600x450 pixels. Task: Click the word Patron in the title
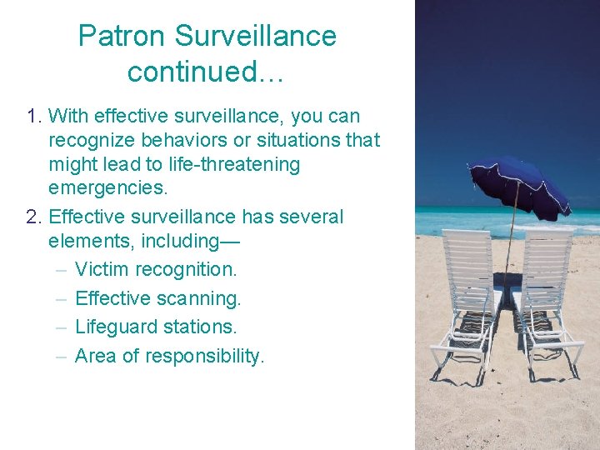click(x=122, y=36)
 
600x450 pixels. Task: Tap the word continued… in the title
click(x=206, y=72)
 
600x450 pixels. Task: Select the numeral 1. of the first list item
click(x=34, y=116)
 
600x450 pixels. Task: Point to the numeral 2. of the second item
click(x=34, y=217)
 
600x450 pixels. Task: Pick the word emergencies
click(x=108, y=187)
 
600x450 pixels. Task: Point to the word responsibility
click(x=204, y=356)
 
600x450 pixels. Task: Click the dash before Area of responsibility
click(x=62, y=356)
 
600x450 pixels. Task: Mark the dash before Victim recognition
click(x=62, y=269)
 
